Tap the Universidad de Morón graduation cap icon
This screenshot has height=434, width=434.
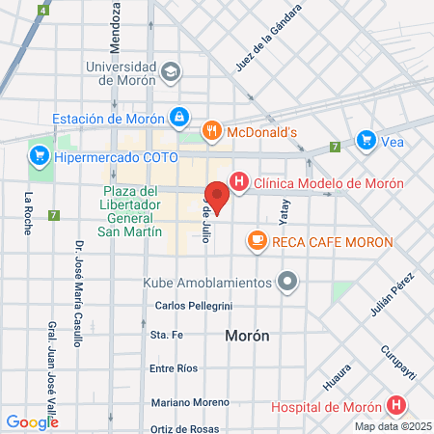click(171, 72)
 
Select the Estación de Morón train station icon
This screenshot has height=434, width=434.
click(178, 118)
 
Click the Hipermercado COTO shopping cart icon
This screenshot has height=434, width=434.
click(39, 154)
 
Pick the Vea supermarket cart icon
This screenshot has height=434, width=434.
click(366, 140)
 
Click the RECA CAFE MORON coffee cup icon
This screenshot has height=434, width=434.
click(257, 241)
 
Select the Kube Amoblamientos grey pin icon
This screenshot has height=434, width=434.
click(287, 283)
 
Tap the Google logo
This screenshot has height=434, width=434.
click(32, 421)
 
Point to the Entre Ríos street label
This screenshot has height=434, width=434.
click(174, 368)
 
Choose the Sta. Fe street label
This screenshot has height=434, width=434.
click(166, 335)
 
